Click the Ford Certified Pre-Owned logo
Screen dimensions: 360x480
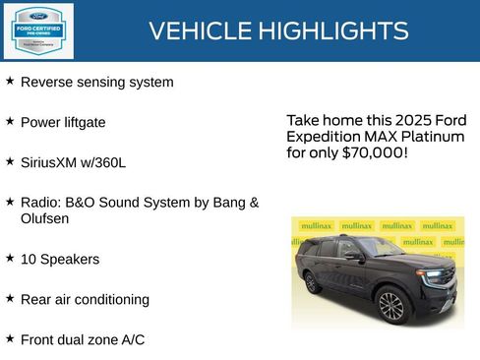tap(37, 30)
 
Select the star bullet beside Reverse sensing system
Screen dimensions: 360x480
tap(10, 82)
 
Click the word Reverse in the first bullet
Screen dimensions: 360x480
tap(45, 83)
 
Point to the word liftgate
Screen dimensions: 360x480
tap(84, 123)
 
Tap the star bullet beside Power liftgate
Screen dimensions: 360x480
tap(10, 121)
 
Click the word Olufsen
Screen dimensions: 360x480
tap(45, 218)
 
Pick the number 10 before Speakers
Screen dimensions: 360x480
tap(29, 260)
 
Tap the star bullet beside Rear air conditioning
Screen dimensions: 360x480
tap(10, 297)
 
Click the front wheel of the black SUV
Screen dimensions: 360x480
tap(390, 305)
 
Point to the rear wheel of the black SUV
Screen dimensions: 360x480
tap(312, 283)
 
